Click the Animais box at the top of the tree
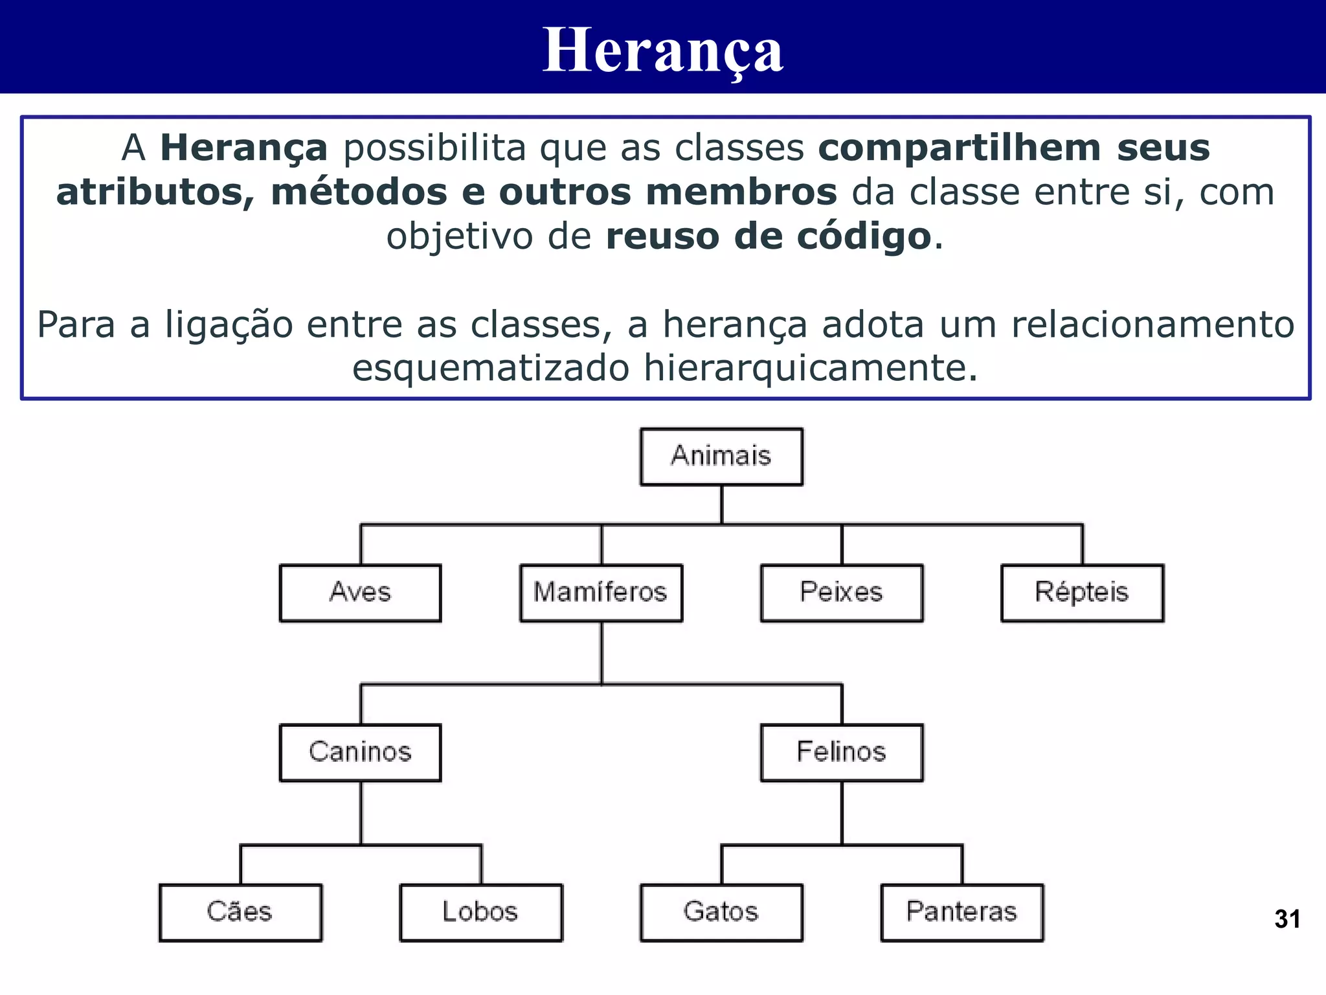(721, 456)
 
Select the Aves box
(361, 593)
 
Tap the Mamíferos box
(601, 593)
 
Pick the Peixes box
(842, 593)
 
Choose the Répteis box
(1082, 593)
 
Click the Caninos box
(361, 752)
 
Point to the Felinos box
(842, 752)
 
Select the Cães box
(240, 912)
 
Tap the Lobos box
(481, 912)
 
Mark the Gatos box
(721, 912)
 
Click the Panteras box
(962, 912)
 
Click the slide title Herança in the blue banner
(663, 51)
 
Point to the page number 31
(1287, 919)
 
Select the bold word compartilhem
(960, 148)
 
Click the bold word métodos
(359, 192)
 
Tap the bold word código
(864, 236)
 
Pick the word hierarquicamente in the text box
(810, 369)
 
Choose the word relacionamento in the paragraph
(1152, 325)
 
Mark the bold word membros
(741, 192)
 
